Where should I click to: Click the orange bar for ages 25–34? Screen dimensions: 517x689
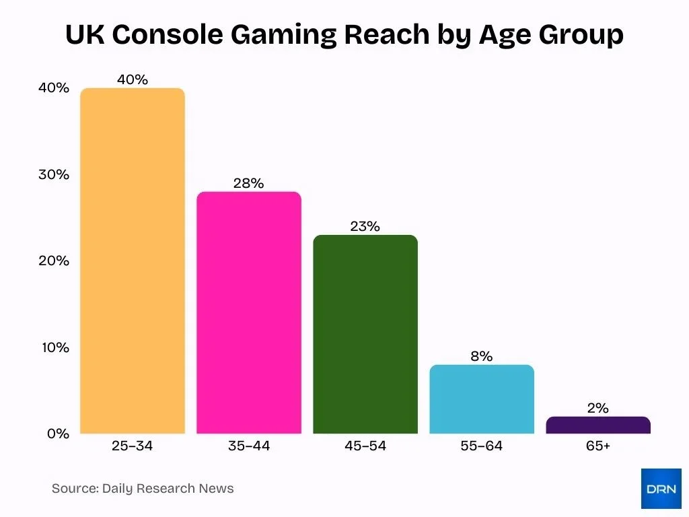coord(133,261)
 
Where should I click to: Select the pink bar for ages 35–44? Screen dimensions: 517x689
coord(249,313)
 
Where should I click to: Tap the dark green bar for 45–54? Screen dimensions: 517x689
coord(365,335)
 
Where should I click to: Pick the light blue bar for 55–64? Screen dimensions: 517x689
coord(482,399)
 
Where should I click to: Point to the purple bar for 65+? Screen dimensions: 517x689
coord(598,425)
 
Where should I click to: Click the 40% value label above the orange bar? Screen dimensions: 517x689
coord(133,79)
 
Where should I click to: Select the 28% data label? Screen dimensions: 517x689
coord(249,183)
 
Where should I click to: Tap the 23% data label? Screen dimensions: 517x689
coord(365,226)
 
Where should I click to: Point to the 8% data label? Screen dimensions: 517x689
coord(482,356)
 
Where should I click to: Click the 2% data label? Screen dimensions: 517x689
coord(598,408)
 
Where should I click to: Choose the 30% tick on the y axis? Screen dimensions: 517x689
coord(53,174)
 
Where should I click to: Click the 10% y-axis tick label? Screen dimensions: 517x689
coord(53,347)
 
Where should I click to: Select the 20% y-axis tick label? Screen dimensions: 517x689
coord(53,261)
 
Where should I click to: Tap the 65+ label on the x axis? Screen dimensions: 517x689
coord(598,446)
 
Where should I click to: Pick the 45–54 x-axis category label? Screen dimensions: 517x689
coord(365,446)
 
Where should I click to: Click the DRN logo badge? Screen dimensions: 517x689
coord(661,489)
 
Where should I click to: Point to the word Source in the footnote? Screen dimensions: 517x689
coord(74,489)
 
